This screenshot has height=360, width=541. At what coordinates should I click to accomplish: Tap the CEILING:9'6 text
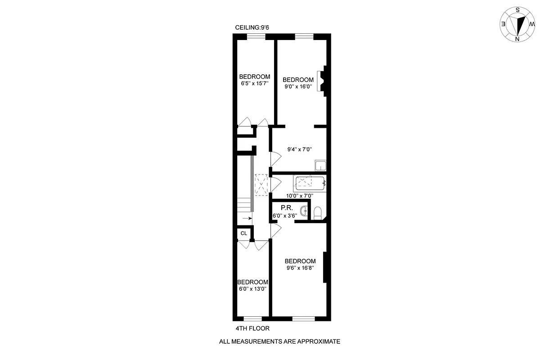(x=252, y=28)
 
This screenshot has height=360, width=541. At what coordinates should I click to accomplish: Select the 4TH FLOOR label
(x=252, y=328)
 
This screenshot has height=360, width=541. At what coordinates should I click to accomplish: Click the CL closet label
(x=243, y=233)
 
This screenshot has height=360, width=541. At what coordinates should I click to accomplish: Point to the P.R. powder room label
(x=287, y=208)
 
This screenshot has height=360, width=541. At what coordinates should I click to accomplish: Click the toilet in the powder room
(x=317, y=212)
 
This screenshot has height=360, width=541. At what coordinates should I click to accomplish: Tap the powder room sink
(x=305, y=210)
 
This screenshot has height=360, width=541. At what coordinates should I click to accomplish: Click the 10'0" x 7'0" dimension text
(x=299, y=196)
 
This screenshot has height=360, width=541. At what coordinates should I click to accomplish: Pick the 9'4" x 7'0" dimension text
(x=300, y=149)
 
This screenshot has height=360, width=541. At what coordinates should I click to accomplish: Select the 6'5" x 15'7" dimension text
(x=254, y=83)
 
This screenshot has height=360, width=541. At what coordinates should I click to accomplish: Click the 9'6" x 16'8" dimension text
(x=300, y=268)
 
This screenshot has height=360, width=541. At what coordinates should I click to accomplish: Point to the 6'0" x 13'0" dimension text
(x=252, y=289)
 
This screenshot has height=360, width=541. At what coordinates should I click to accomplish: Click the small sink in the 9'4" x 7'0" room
(x=320, y=166)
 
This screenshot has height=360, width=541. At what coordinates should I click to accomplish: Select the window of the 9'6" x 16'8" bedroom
(x=303, y=318)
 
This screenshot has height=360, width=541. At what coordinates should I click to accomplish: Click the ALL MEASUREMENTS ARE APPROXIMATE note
(x=279, y=342)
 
